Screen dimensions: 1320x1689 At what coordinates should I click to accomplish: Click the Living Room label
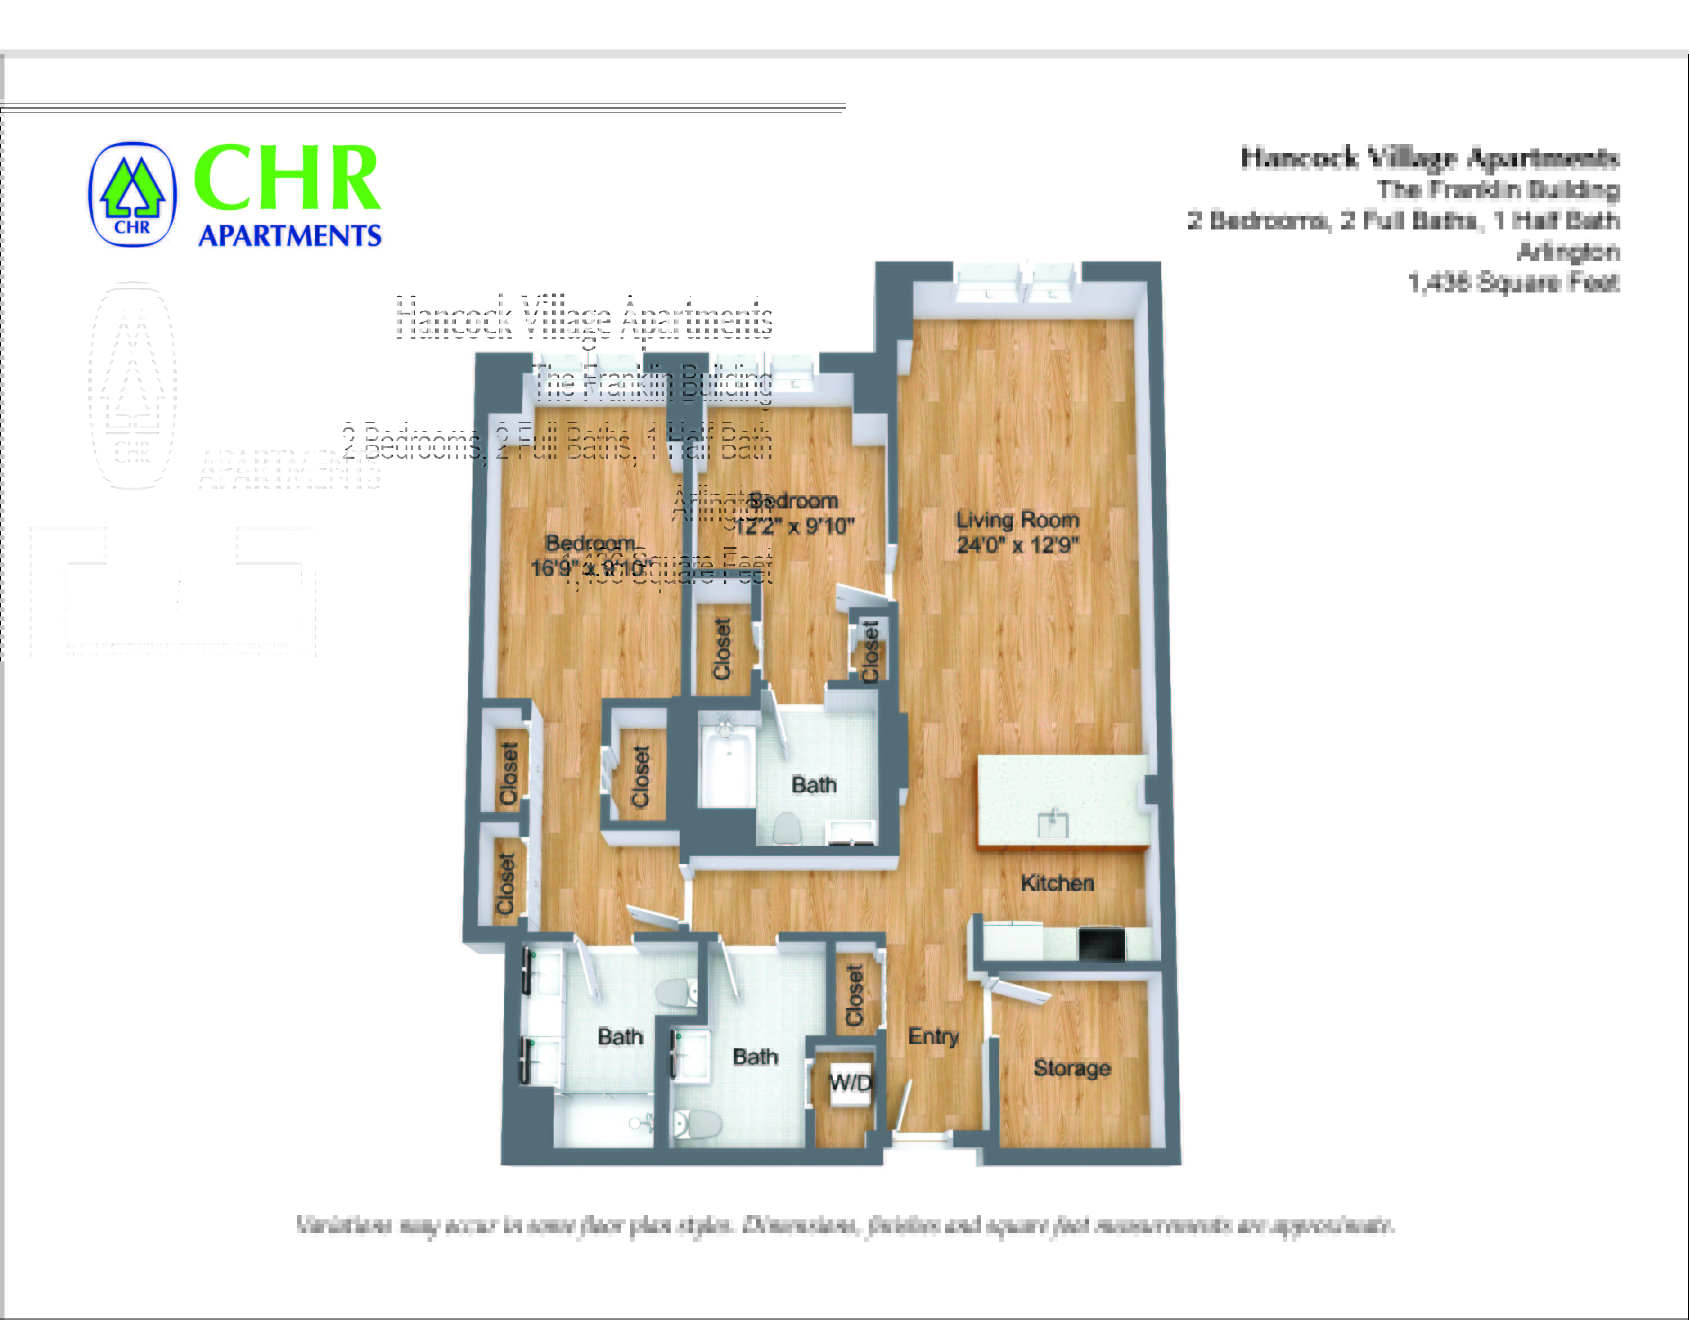point(1017,520)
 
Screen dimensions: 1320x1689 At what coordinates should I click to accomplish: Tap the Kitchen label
point(1057,883)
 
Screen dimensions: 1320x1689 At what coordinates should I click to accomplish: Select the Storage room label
point(1071,1068)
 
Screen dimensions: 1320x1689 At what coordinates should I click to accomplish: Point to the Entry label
point(933,1035)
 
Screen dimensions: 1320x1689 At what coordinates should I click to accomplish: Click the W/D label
point(850,1082)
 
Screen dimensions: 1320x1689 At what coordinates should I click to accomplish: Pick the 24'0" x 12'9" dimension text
point(1017,545)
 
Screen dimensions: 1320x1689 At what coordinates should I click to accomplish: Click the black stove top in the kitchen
point(1101,943)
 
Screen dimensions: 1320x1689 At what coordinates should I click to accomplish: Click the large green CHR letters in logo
point(286,179)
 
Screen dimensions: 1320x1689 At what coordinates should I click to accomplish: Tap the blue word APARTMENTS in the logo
point(290,235)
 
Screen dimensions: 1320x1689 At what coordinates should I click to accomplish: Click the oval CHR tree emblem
point(132,194)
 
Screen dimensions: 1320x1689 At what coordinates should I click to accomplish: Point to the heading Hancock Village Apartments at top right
point(1429,159)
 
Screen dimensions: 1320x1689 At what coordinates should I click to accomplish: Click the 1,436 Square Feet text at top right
point(1513,283)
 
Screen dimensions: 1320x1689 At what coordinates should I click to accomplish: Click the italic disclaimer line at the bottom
point(844,1226)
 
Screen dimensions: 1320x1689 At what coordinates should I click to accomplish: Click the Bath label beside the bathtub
point(814,785)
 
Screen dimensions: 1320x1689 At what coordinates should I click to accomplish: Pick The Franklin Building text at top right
point(1497,190)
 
